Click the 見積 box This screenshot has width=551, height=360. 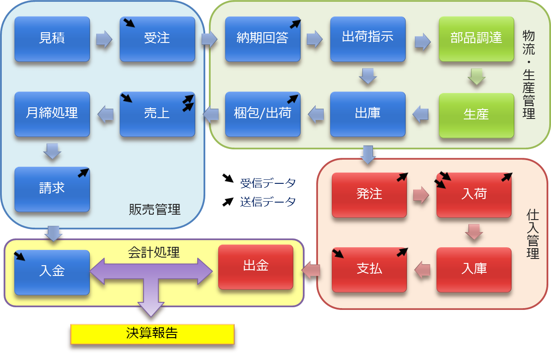click(x=52, y=39)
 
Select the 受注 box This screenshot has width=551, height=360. click(x=157, y=39)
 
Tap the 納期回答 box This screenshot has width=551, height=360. click(x=263, y=39)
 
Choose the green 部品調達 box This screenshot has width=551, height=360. click(x=476, y=39)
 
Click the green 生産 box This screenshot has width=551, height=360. click(x=476, y=115)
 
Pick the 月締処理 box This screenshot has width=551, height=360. click(x=52, y=114)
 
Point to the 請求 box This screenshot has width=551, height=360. click(x=52, y=189)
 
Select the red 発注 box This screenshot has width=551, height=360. click(x=369, y=195)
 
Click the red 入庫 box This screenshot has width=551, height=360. click(x=474, y=270)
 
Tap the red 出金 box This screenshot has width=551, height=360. click(x=256, y=267)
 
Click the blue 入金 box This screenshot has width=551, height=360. click(x=52, y=272)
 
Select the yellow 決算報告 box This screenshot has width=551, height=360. click(x=152, y=334)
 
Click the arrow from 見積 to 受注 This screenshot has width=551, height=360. click(x=104, y=39)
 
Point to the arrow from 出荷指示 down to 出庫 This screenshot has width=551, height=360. click(x=368, y=76)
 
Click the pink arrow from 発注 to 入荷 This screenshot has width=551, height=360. click(x=421, y=195)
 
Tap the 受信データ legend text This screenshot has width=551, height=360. click(x=268, y=183)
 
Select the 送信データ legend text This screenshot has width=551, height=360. click(x=268, y=202)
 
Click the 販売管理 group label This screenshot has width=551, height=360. click(x=155, y=209)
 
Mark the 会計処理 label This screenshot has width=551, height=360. click(x=154, y=252)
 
